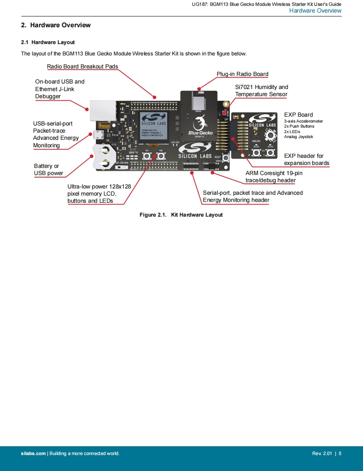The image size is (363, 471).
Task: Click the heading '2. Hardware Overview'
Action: pos(56,25)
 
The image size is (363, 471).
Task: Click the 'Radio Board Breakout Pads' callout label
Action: pos(82,66)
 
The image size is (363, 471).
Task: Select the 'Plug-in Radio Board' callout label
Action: pos(242,74)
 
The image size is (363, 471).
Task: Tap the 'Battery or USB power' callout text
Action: pos(49,170)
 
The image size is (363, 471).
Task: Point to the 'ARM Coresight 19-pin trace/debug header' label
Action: pos(273,177)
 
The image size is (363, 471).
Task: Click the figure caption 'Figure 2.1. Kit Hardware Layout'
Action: pos(181,215)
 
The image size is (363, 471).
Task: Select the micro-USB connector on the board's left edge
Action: pos(99,135)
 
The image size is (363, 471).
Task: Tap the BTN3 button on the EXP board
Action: pos(257,152)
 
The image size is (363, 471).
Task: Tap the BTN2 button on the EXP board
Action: pos(270,152)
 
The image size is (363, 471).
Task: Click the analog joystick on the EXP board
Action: pos(270,134)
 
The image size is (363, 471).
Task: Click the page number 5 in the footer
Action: pos(340,453)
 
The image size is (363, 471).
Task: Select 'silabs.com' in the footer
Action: pos(33,453)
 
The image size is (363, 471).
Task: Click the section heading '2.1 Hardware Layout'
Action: pos(48,42)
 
